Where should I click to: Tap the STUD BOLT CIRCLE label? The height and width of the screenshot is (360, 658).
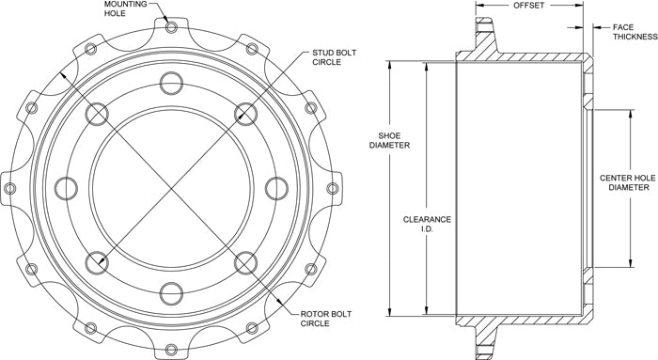(334, 57)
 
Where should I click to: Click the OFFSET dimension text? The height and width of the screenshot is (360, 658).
(528, 6)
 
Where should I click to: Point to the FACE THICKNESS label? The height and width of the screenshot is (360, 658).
(634, 32)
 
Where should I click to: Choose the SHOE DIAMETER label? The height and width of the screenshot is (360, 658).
(389, 141)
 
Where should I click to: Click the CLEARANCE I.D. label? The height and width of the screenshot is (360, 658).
(427, 224)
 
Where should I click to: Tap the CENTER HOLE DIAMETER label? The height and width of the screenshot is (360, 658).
(628, 182)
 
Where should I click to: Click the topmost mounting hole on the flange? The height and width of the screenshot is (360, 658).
(171, 27)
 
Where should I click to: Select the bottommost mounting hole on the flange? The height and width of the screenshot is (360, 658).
(171, 349)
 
